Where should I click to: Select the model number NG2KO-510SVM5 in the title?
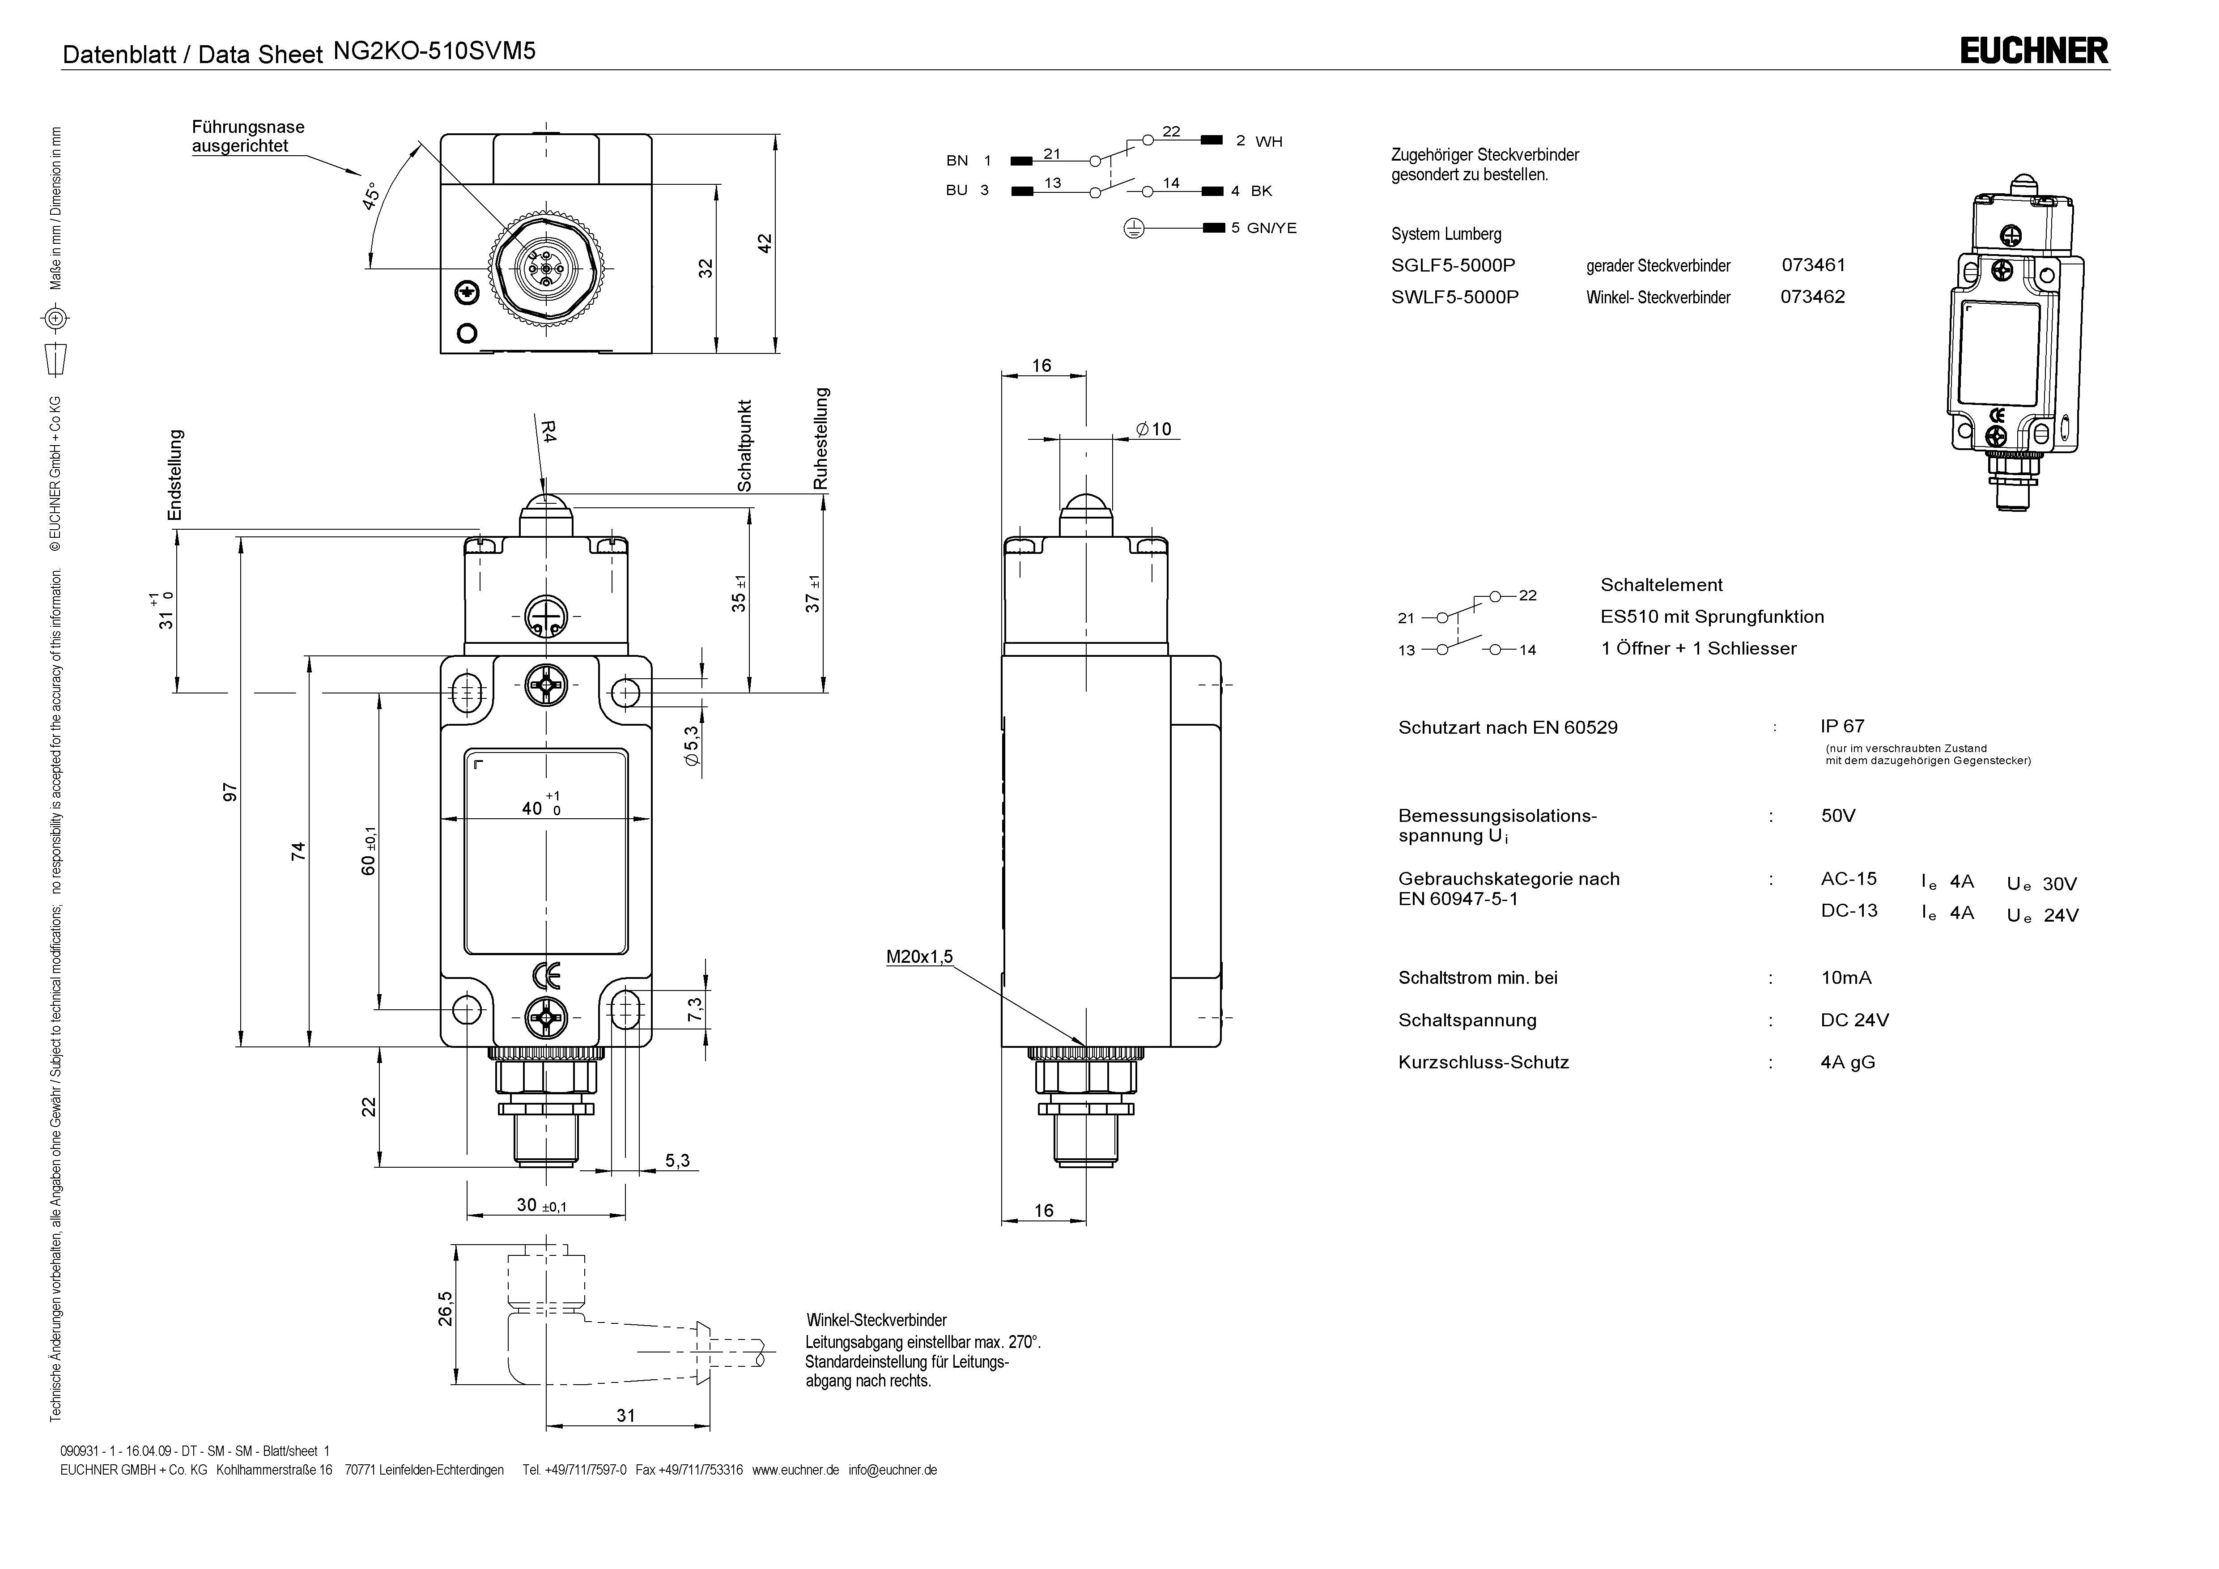pos(434,51)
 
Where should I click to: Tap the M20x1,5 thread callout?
pos(919,957)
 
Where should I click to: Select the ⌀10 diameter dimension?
pos(1153,429)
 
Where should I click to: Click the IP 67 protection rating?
pos(1842,726)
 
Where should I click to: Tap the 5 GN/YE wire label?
pos(1263,228)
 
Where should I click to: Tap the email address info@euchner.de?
pos(893,1471)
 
